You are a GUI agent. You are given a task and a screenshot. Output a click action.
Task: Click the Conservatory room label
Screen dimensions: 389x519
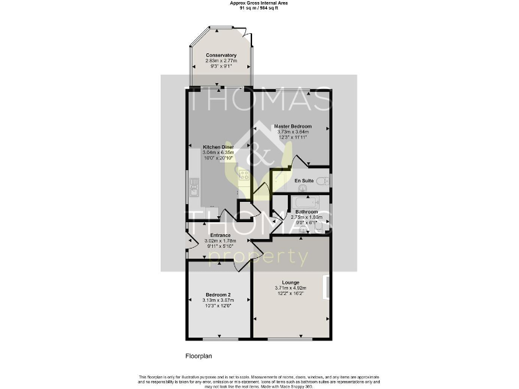pos(221,55)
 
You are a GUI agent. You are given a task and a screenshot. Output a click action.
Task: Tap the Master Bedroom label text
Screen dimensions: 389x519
pos(292,126)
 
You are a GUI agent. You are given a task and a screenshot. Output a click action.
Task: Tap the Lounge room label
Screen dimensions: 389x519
pos(291,282)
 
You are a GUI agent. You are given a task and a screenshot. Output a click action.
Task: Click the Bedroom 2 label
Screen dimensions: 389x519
pos(219,294)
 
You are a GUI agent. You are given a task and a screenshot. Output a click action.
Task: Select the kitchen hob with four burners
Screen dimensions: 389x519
pos(244,175)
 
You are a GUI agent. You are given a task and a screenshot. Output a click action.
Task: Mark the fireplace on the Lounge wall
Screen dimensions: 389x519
pos(326,286)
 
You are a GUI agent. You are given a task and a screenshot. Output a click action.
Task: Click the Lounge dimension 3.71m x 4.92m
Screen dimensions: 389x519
pos(291,288)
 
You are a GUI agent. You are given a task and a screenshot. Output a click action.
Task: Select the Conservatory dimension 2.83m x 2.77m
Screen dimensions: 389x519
pos(221,61)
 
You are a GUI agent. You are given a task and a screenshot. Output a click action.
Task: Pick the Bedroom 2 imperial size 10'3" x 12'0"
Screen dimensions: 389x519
pos(219,306)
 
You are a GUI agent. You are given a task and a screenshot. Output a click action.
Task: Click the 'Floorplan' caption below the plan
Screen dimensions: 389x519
pos(199,355)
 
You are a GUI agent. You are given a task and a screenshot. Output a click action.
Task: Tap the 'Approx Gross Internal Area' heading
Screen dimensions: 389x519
pos(259,3)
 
